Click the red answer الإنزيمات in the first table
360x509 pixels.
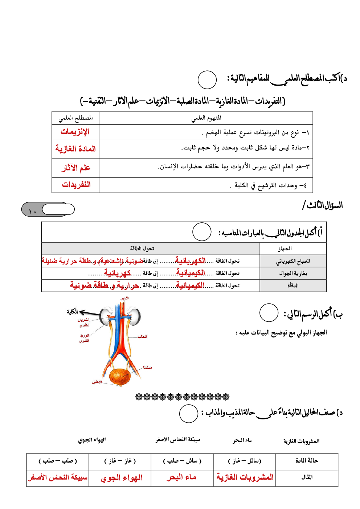tap(75, 132)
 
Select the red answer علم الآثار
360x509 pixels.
tap(76, 168)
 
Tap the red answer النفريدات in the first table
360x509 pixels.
tap(76, 185)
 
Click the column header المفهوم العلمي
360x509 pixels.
tap(206, 118)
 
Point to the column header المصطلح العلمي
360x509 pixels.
tap(75, 118)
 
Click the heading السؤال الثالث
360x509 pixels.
tap(323, 206)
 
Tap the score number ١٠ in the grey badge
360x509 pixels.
tap(32, 211)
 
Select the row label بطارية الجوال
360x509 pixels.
tap(293, 273)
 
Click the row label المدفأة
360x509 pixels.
tap(293, 286)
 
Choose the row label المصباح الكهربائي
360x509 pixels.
tap(293, 261)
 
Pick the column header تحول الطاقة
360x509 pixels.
tap(142, 249)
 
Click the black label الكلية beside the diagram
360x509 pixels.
tap(72, 312)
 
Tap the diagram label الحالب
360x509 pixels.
tap(142, 337)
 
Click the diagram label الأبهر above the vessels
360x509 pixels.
tap(124, 299)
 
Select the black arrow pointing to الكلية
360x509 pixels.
tap(90, 313)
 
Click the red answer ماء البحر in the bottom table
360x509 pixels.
tap(181, 478)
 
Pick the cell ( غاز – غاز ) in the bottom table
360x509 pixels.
tap(120, 461)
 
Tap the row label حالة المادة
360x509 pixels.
tap(307, 461)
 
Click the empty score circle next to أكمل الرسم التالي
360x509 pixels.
tap(269, 313)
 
